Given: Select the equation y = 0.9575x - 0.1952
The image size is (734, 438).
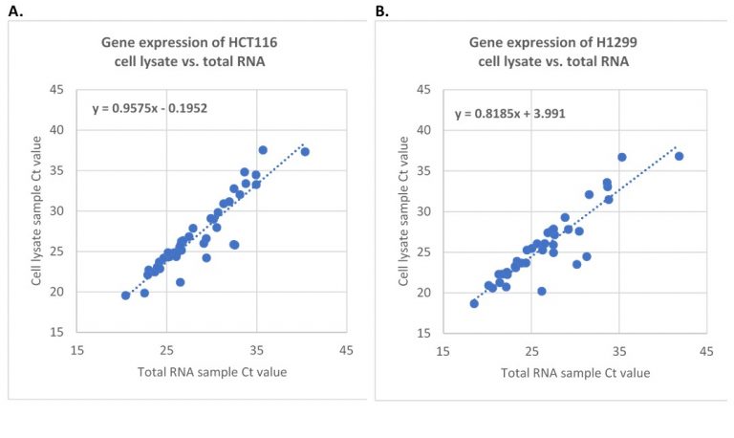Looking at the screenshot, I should pyautogui.click(x=150, y=108).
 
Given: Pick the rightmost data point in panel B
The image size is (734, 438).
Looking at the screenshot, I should pyautogui.click(x=679, y=156).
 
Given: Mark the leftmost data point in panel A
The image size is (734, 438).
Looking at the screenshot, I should pyautogui.click(x=125, y=296).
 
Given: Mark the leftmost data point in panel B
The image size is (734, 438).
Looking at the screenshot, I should pyautogui.click(x=474, y=303).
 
